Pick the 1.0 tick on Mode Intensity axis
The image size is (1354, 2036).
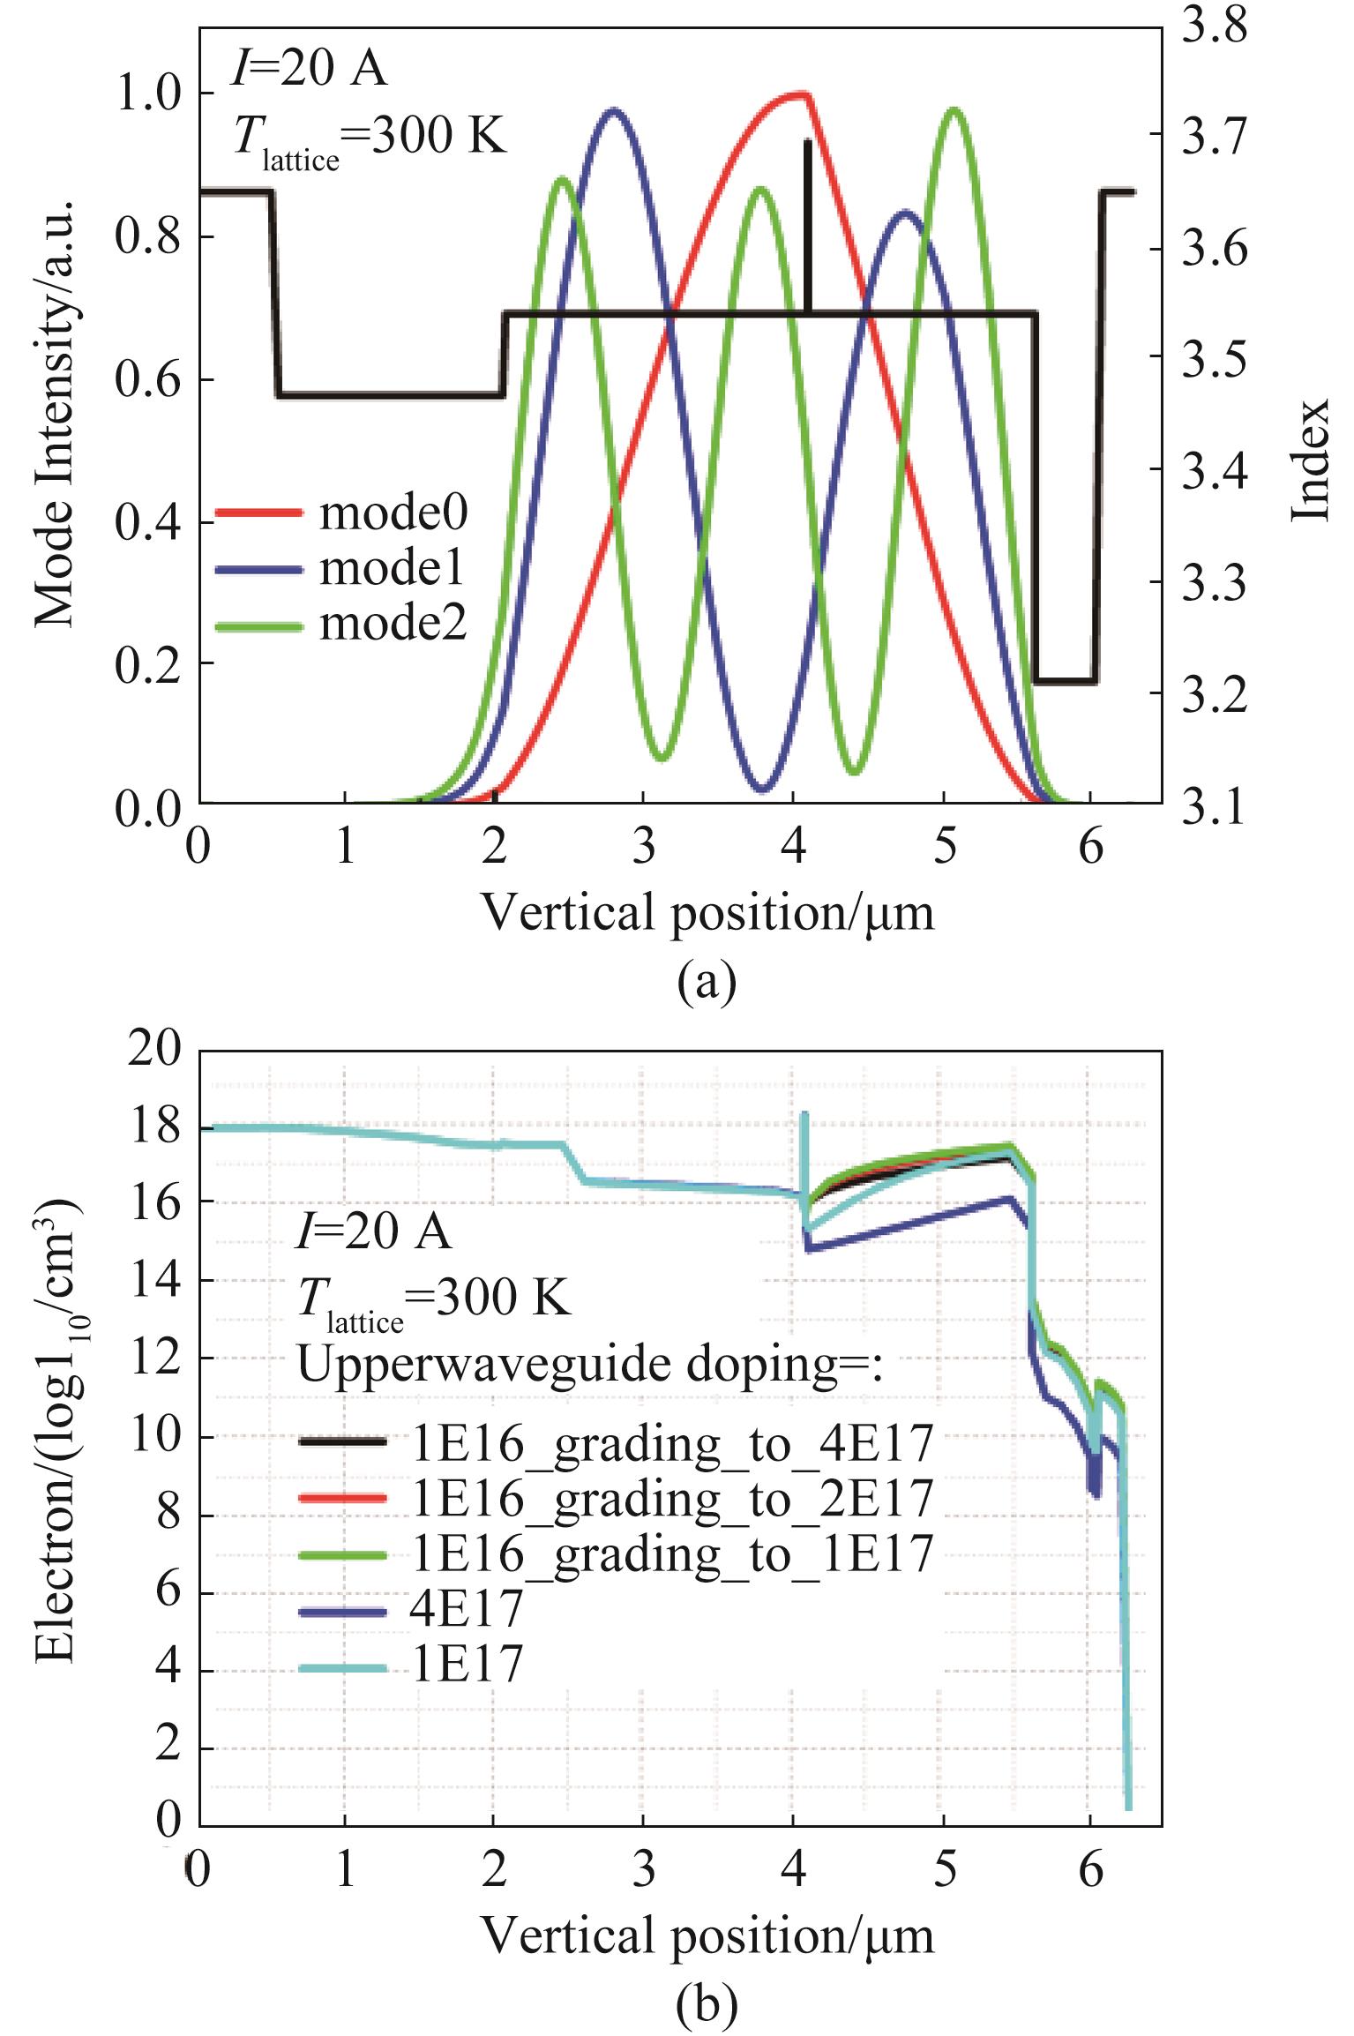coord(148,94)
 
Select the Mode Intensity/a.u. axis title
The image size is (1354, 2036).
coord(55,414)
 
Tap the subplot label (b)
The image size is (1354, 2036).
coord(706,2003)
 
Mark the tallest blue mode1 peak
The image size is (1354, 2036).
coord(615,110)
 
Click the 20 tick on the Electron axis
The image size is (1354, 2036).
coord(154,1049)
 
